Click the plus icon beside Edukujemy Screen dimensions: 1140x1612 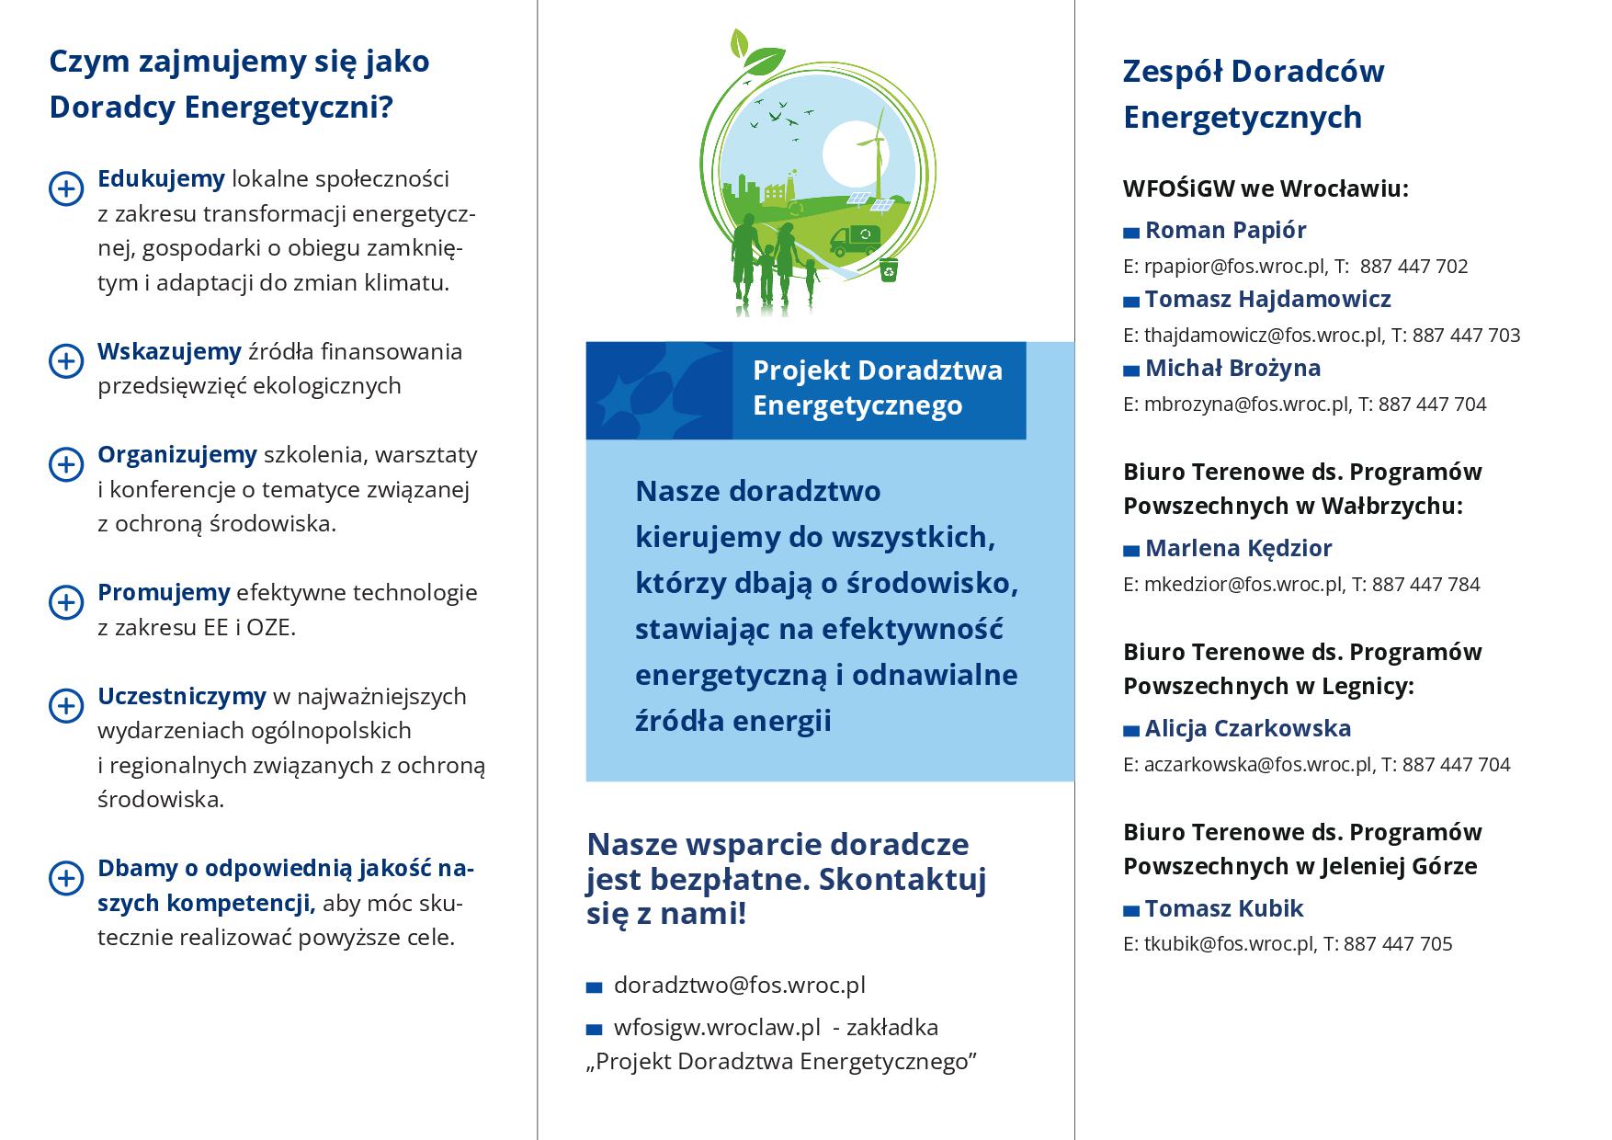65,188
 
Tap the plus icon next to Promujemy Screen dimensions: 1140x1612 65,602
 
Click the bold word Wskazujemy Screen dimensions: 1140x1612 169,351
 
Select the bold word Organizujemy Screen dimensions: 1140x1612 177,454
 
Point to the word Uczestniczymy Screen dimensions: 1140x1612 182,696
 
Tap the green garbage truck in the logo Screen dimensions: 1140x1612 855,240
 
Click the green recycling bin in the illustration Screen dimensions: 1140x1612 889,269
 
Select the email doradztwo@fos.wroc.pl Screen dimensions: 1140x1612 739,985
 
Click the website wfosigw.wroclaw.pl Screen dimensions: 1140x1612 716,1027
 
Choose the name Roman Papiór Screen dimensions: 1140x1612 1225,230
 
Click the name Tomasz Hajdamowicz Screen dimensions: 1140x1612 1267,299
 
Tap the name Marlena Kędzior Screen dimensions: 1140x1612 1238,548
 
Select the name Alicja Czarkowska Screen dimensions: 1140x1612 1247,728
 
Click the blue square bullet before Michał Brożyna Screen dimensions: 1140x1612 1131,370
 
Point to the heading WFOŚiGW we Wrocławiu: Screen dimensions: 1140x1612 1266,188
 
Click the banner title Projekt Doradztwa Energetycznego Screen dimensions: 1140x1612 878,388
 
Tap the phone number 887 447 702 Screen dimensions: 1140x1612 1413,267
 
